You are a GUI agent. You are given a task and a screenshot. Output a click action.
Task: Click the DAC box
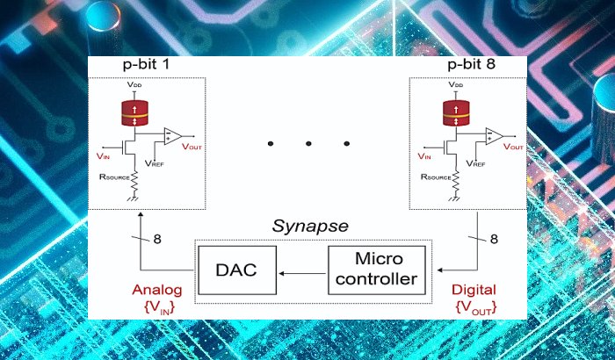pyautogui.click(x=235, y=270)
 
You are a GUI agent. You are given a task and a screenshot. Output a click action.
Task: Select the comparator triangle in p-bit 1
pyautogui.click(x=171, y=136)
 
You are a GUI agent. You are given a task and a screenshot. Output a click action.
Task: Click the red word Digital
pyautogui.click(x=473, y=290)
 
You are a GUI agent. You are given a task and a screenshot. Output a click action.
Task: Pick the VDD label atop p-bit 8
pyautogui.click(x=456, y=85)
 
